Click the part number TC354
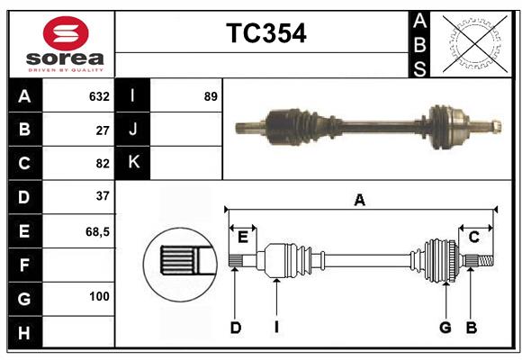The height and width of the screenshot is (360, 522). coord(265,33)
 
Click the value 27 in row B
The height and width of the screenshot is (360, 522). coord(102,130)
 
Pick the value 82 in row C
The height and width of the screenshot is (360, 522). coord(102,164)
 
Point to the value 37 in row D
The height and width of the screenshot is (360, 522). coord(102,196)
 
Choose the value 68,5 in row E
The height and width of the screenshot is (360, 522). coord(97,230)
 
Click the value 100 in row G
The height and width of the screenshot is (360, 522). coord(99,296)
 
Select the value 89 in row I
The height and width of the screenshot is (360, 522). coord(211,96)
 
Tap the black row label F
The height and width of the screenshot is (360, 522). coord(24,265)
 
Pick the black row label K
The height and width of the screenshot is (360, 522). coord(133,163)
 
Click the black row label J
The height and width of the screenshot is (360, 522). coord(133,130)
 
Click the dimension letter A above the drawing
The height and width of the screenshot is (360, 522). coord(360,200)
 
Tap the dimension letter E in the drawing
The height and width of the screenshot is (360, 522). coord(243,238)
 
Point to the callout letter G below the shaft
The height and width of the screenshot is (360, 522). coord(445,328)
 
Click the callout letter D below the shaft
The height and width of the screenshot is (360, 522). coord(235,328)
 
